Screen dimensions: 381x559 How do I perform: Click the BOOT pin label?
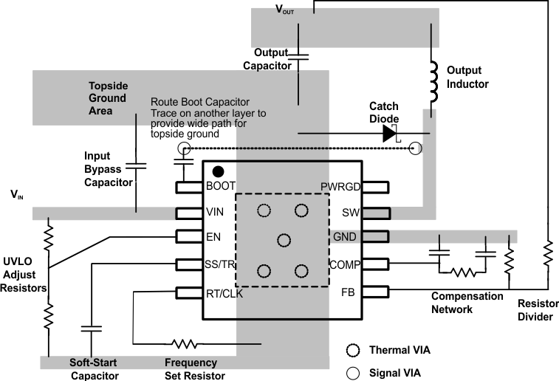[x=221, y=187]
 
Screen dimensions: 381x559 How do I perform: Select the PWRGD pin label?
[x=340, y=187]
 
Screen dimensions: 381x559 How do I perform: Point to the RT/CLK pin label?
[x=225, y=293]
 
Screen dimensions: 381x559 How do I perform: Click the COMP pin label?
[x=345, y=264]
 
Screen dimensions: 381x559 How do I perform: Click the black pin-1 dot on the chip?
[x=219, y=171]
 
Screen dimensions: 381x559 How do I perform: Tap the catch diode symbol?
[x=390, y=133]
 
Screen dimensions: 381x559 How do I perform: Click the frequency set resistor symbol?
[x=183, y=344]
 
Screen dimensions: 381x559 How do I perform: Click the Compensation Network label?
[x=467, y=303]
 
